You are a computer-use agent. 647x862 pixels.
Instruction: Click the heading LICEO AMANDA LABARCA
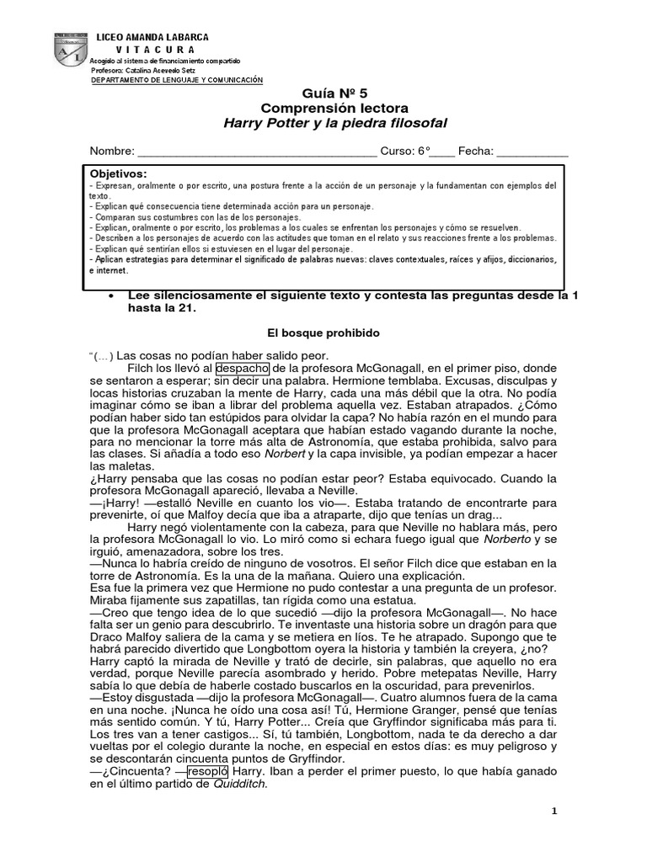coord(152,38)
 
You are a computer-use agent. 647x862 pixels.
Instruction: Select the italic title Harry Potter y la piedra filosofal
coord(334,123)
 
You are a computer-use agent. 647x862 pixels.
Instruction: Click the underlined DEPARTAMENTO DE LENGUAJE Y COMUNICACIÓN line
coord(177,80)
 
